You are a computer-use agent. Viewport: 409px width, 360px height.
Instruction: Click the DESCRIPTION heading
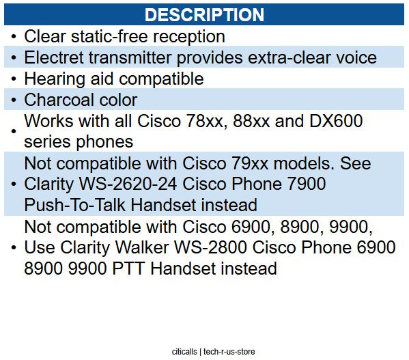pos(204,14)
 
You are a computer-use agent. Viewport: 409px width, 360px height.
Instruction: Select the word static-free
pos(109,36)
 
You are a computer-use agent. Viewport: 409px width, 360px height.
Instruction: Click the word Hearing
pos(55,79)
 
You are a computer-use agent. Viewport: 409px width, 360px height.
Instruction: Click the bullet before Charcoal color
pos(14,100)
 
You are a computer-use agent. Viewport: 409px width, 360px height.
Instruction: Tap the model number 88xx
pos(251,121)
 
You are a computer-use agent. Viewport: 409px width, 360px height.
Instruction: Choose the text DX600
pos(336,121)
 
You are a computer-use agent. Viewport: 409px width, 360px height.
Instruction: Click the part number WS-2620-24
pos(128,184)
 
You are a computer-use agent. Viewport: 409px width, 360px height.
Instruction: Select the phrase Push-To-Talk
pos(74,205)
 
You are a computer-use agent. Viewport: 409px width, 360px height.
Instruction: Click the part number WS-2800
pos(211,247)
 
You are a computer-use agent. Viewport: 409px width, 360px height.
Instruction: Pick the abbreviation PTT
pos(128,268)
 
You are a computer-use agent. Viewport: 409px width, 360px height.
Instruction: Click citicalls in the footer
pos(184,352)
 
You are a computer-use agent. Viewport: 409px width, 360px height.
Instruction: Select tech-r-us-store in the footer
pos(229,352)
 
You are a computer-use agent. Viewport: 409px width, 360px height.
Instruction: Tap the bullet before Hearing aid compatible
pos(14,79)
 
